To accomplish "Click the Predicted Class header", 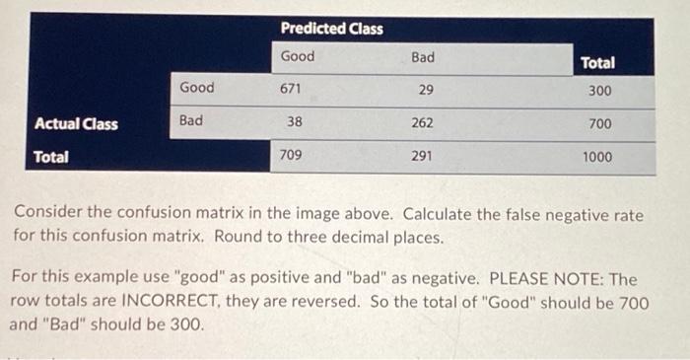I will click(x=331, y=29).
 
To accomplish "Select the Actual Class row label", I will click(x=76, y=123).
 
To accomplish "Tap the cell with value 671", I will click(x=291, y=89).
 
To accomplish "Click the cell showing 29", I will click(x=426, y=90).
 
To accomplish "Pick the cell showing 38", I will click(x=294, y=123).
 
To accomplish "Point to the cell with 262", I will click(x=423, y=123).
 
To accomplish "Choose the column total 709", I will click(x=291, y=155).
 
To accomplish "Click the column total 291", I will click(x=422, y=155).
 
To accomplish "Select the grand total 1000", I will click(x=596, y=156).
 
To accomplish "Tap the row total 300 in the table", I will click(x=599, y=91).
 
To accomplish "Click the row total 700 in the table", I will click(x=599, y=123).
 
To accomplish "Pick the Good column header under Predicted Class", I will click(x=298, y=56).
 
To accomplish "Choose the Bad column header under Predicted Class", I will click(x=422, y=57).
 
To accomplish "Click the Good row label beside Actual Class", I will click(x=196, y=88).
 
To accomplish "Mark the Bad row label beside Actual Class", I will click(x=190, y=120).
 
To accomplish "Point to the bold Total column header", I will click(x=597, y=62).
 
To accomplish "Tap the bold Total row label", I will click(x=51, y=156).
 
